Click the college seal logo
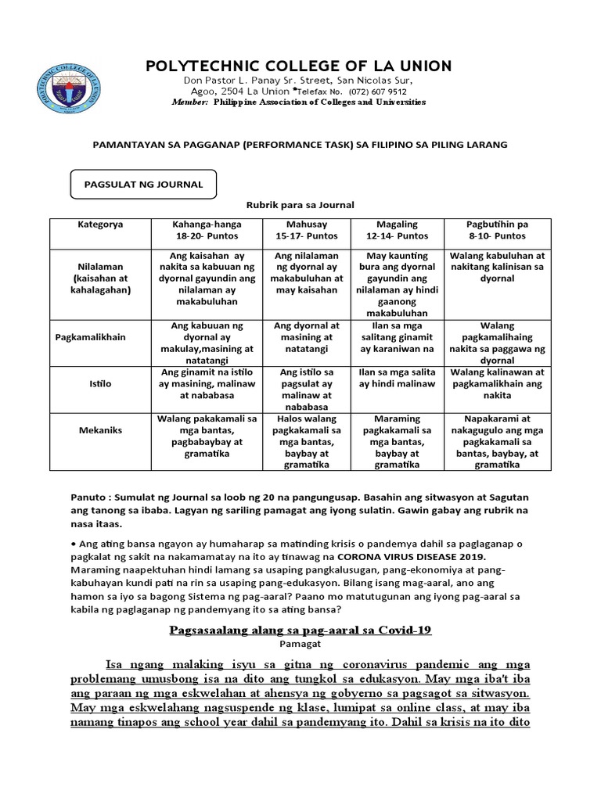[70, 88]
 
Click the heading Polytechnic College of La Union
[298, 66]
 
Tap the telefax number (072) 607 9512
[372, 92]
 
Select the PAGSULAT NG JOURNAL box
[143, 185]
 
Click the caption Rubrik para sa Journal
[300, 205]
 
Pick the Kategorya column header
[99, 224]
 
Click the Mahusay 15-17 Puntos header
[308, 230]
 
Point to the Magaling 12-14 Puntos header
[401, 230]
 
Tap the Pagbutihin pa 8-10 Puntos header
[497, 230]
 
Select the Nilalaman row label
[99, 278]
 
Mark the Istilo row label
[99, 384]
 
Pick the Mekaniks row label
[99, 430]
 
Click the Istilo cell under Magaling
[397, 378]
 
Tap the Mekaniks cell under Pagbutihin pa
[497, 442]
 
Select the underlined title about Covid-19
[300, 630]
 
